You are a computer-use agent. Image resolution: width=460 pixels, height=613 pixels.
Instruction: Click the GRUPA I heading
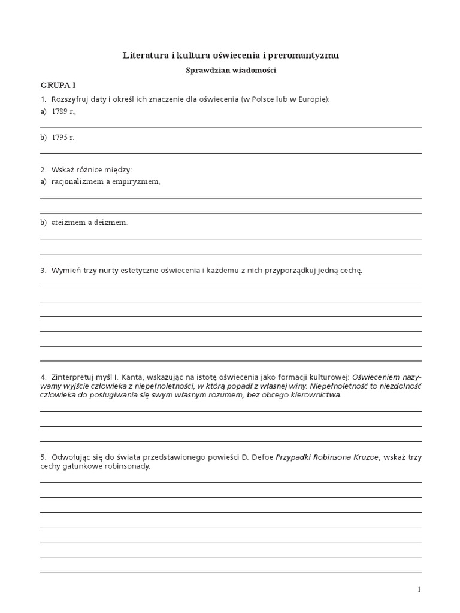57,86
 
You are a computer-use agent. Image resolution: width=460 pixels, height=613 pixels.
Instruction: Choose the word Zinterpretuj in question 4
71,377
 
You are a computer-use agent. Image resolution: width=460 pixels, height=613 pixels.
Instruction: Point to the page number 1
419,590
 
